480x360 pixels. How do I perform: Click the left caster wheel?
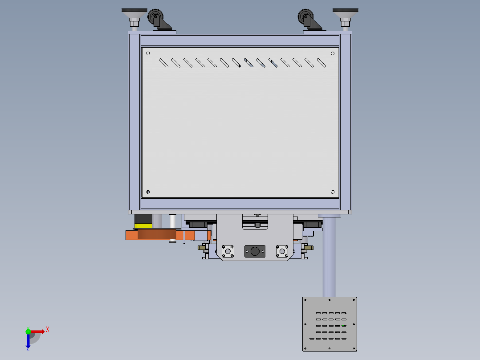pos(155,17)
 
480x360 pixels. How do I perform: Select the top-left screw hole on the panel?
pos(148,53)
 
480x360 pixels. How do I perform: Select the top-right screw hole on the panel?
pos(333,53)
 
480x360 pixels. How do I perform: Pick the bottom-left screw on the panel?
pos(148,192)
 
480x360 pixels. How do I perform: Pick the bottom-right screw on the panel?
pos(333,192)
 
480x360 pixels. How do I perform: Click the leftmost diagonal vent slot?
pos(164,63)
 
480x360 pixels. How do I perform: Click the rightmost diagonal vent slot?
pos(321,63)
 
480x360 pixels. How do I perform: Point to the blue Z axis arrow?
pos(28,341)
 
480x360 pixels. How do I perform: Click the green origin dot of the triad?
pos(28,331)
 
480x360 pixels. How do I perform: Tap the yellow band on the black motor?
pos(143,225)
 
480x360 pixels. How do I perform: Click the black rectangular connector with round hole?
pos(255,251)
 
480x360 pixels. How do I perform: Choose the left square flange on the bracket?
pos(228,251)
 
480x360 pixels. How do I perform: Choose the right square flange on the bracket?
pos(281,251)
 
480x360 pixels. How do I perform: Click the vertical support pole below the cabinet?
pos(329,258)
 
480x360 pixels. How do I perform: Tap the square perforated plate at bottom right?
pos(329,324)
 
